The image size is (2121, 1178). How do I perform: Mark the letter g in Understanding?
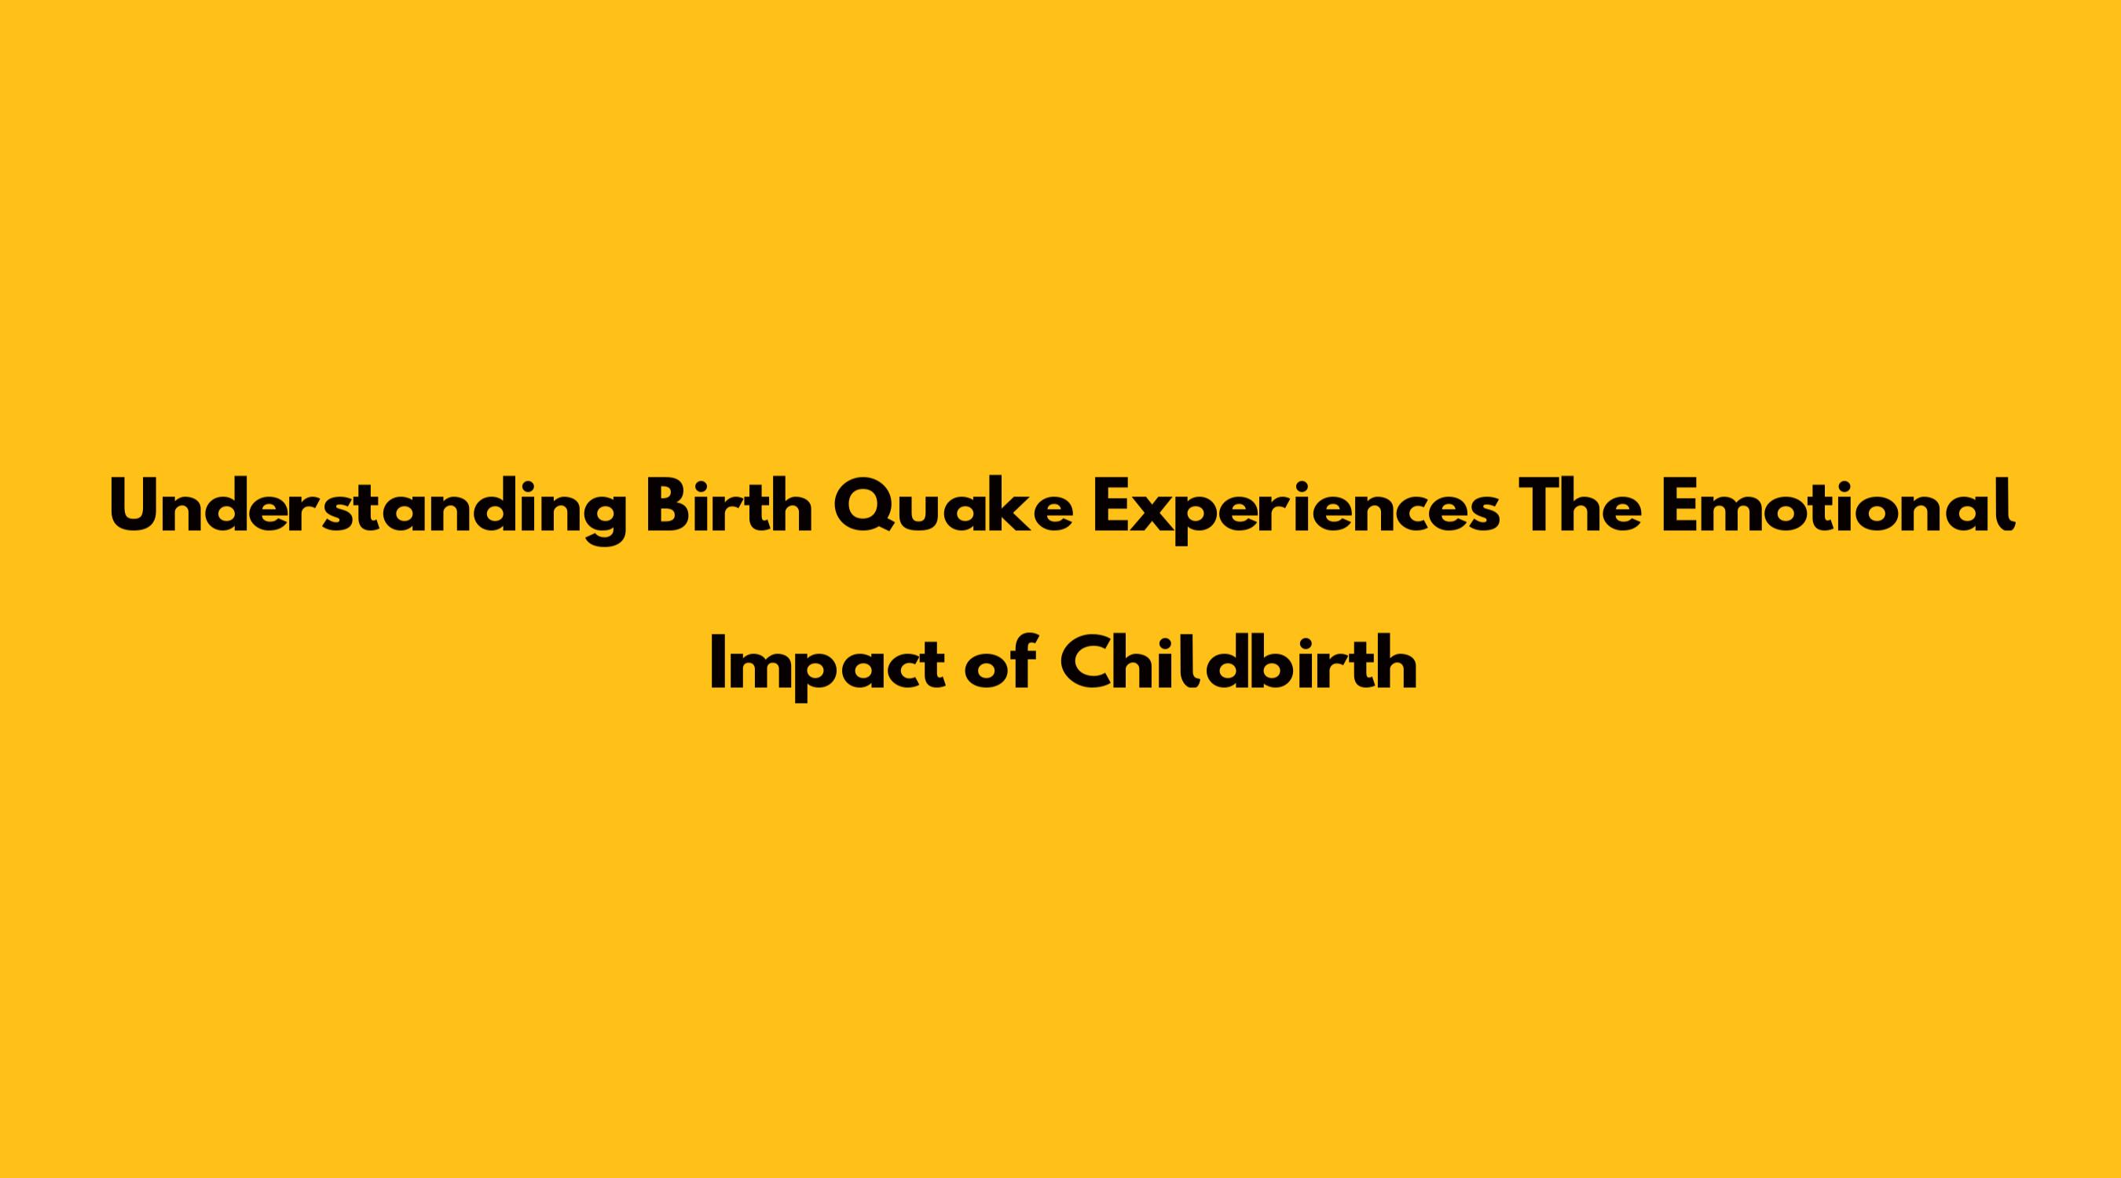(x=603, y=519)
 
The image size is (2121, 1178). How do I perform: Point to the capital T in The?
(x=1540, y=505)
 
